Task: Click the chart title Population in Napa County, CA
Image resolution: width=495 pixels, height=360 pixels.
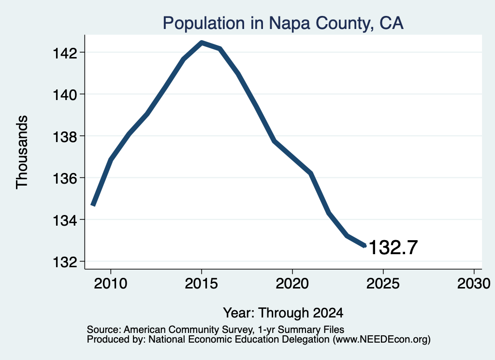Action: pyautogui.click(x=283, y=23)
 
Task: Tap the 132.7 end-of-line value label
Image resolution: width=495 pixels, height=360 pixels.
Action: pyautogui.click(x=393, y=247)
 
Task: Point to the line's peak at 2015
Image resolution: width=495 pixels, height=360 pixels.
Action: pyautogui.click(x=202, y=43)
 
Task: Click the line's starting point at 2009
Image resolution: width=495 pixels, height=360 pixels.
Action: pyautogui.click(x=93, y=205)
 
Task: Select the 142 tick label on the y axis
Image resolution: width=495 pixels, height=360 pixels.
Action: pyautogui.click(x=65, y=53)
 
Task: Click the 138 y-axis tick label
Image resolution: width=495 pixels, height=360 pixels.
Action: pyautogui.click(x=65, y=136)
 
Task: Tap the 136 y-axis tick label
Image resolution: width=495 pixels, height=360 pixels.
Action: pyautogui.click(x=65, y=178)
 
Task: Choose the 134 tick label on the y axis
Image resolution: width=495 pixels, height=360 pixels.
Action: pyautogui.click(x=65, y=220)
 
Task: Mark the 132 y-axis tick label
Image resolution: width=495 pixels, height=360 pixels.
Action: pyautogui.click(x=65, y=262)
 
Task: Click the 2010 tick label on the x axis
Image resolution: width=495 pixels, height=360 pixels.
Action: pyautogui.click(x=111, y=283)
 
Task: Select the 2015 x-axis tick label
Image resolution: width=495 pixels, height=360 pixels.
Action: pyautogui.click(x=202, y=283)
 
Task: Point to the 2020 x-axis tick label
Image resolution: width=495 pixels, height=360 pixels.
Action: pyautogui.click(x=292, y=283)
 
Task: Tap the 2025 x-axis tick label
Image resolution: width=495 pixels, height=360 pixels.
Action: pyautogui.click(x=383, y=283)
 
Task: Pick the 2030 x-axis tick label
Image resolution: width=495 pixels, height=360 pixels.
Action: pyautogui.click(x=474, y=283)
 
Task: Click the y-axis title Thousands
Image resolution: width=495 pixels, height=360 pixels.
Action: pyautogui.click(x=22, y=152)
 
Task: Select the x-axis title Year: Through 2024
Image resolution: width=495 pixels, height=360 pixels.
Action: pyautogui.click(x=283, y=313)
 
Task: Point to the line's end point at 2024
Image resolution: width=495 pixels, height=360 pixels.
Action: pyautogui.click(x=364, y=245)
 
